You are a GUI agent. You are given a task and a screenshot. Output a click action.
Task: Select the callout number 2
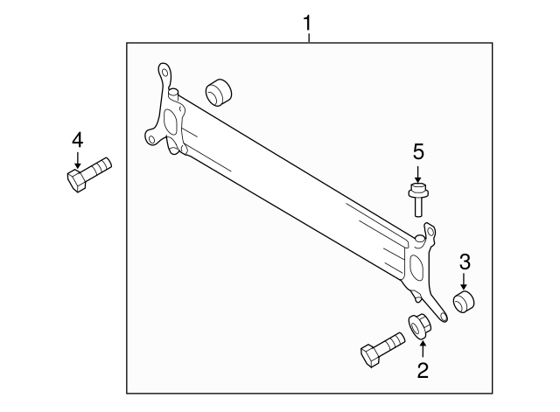click(423, 371)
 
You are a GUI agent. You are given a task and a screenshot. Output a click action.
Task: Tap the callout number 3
click(465, 260)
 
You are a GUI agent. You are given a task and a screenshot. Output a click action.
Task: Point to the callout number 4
click(78, 139)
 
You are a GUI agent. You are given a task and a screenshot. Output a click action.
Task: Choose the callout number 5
click(418, 150)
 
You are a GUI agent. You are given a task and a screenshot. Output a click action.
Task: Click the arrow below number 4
click(78, 160)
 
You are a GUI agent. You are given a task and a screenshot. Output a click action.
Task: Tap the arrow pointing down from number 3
click(465, 281)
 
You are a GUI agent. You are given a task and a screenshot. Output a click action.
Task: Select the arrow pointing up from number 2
click(423, 349)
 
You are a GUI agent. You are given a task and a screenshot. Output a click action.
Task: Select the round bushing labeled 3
click(465, 304)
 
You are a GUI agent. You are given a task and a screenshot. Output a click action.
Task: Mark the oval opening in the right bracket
click(416, 265)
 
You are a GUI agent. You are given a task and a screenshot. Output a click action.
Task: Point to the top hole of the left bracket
click(163, 69)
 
